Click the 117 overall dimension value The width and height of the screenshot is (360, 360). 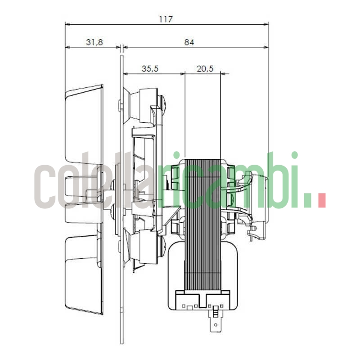(x=166, y=19)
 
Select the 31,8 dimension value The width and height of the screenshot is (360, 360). (x=94, y=42)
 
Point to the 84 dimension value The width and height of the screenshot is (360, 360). (x=189, y=42)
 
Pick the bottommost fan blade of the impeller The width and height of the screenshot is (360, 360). (x=85, y=274)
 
